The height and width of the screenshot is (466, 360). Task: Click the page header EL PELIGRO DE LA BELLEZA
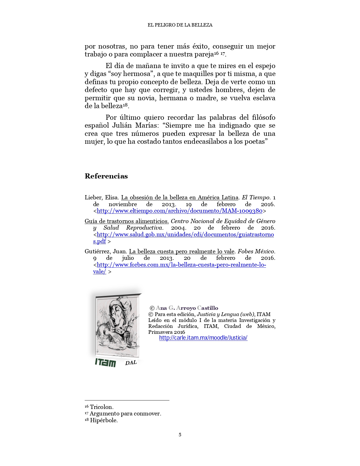point(180,25)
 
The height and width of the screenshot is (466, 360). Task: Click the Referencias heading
point(106,176)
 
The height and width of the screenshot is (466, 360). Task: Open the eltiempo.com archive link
point(180,211)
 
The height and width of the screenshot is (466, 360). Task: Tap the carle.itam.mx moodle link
point(203,338)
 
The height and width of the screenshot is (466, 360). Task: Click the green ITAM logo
point(105,363)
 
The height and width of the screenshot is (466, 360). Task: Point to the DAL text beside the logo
point(131,363)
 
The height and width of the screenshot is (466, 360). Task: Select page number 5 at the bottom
point(180,435)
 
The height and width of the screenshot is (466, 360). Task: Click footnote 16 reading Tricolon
point(101,407)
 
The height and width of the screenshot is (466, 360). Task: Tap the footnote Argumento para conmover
point(125,414)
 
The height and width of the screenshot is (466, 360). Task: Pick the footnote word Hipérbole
point(104,420)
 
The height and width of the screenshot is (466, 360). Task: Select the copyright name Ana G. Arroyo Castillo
point(187,308)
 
